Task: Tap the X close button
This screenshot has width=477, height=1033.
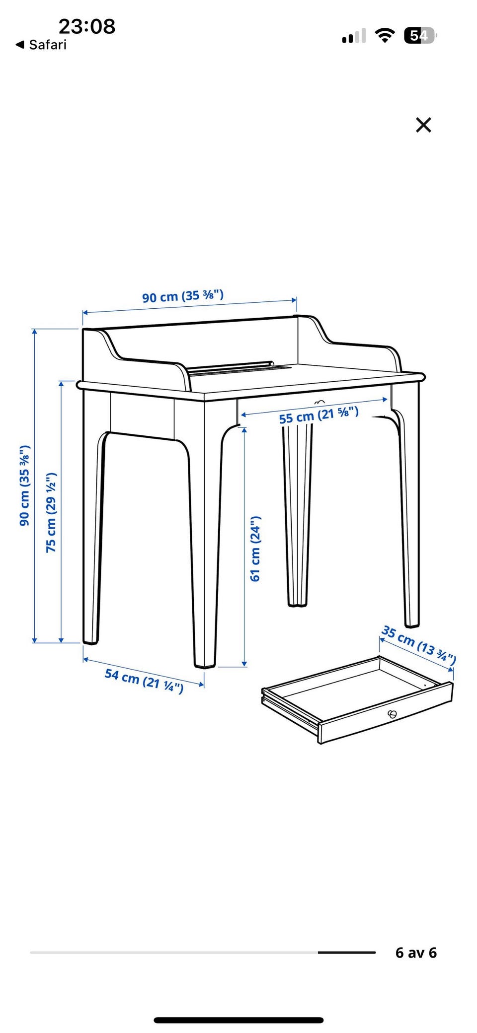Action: [x=423, y=125]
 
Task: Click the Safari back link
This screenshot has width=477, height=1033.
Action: [x=41, y=45]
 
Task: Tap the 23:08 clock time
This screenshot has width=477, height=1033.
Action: [x=87, y=26]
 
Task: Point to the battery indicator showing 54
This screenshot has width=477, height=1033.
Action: [x=420, y=36]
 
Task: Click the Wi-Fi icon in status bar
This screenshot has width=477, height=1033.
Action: [x=385, y=36]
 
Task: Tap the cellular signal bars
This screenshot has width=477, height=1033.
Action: [x=354, y=36]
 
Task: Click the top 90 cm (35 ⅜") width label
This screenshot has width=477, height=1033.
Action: [x=183, y=296]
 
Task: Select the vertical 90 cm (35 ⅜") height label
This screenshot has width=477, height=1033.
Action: [x=24, y=485]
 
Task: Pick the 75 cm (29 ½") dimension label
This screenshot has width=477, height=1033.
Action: [x=51, y=513]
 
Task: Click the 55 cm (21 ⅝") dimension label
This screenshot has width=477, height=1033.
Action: [x=318, y=415]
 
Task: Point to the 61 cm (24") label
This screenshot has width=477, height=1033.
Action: [x=255, y=549]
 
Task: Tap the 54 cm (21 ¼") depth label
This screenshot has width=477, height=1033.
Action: [x=144, y=680]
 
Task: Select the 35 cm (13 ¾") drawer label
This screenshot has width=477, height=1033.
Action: [x=418, y=644]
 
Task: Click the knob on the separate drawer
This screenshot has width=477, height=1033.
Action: [x=392, y=714]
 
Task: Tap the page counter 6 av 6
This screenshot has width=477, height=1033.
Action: [x=416, y=953]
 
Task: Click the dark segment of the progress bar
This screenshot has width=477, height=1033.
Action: [x=347, y=953]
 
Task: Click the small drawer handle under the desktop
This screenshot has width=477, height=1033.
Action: [x=319, y=402]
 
